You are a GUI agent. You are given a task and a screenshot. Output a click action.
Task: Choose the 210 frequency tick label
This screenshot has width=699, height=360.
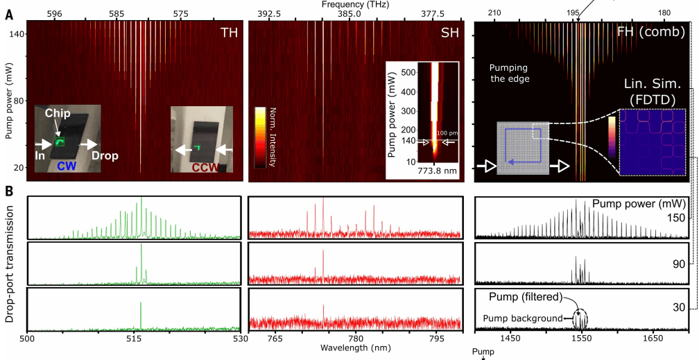click(494, 14)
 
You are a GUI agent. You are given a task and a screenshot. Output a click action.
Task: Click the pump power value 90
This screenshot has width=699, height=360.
click(678, 264)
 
